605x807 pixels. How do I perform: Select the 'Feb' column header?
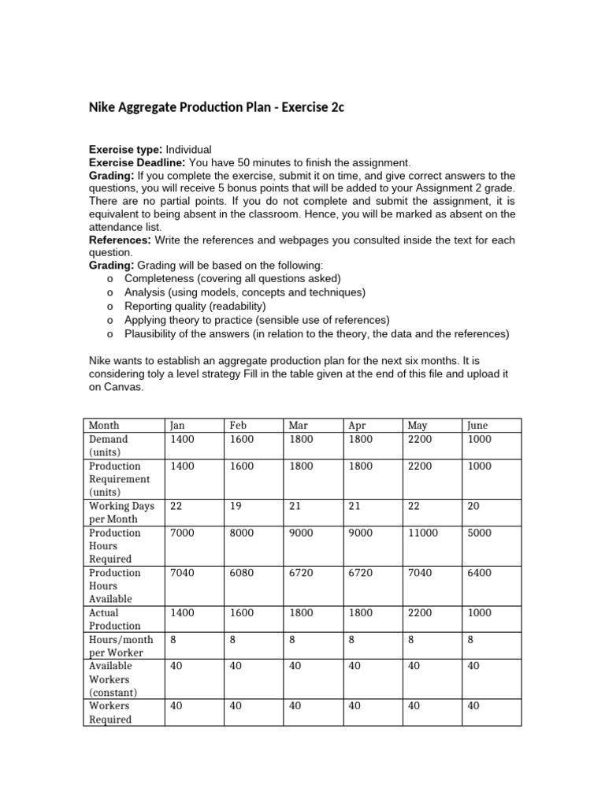point(238,426)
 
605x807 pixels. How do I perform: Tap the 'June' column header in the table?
point(478,426)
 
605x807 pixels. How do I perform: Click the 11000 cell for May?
point(423,533)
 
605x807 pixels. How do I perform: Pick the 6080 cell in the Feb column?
point(242,573)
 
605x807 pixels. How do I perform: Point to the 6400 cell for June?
point(479,573)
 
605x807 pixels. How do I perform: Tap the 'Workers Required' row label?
point(110,712)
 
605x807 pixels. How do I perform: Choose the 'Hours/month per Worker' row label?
point(121,645)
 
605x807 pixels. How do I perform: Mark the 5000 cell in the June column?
point(479,533)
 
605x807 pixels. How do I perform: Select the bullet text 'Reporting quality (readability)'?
point(195,305)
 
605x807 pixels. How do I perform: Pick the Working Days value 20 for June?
point(473,506)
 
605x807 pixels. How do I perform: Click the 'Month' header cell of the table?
point(104,426)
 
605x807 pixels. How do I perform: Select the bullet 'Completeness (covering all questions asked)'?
point(232,278)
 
